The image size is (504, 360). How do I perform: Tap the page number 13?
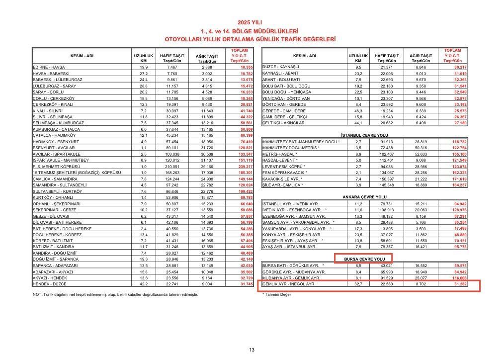pos(252,350)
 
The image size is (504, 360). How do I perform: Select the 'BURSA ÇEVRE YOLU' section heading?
pos(365,259)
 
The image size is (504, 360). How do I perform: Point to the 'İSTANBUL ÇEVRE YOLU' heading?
pos(365,135)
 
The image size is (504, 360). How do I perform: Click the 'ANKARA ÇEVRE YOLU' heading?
pos(365,197)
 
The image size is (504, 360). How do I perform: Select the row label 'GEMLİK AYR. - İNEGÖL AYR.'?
pos(289,284)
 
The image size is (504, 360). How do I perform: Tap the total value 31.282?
pos(460,284)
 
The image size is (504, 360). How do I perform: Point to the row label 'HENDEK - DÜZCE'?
pos(50,284)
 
